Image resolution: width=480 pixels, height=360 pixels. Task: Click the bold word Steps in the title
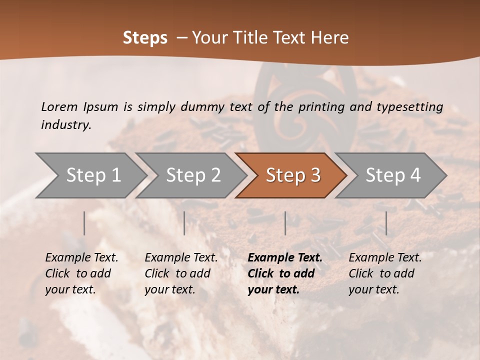[x=145, y=38]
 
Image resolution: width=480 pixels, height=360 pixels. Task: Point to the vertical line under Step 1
[x=84, y=223]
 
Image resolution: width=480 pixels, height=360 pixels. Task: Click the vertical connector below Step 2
[x=184, y=223]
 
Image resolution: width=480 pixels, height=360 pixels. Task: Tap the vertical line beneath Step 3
[x=285, y=223]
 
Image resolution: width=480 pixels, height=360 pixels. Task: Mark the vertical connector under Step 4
[x=386, y=223]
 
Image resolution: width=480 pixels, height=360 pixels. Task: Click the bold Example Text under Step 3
[x=285, y=258]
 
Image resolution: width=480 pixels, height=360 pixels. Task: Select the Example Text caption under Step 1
[x=81, y=258]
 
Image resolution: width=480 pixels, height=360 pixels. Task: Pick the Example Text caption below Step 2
[x=181, y=258]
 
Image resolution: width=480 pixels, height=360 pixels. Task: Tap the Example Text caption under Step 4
[x=385, y=258]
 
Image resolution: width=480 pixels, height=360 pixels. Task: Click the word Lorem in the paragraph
[x=59, y=106]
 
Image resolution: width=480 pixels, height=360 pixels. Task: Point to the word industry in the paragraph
[x=66, y=125]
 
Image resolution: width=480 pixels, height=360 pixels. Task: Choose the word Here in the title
[x=331, y=38]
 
